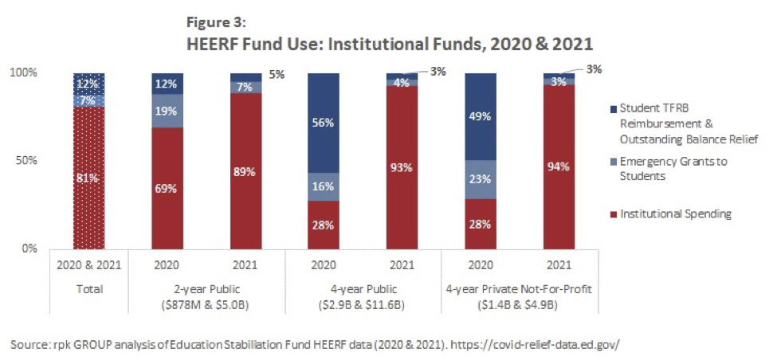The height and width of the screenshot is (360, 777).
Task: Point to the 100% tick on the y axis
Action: click(x=23, y=73)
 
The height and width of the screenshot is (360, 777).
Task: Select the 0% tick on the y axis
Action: click(x=28, y=248)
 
